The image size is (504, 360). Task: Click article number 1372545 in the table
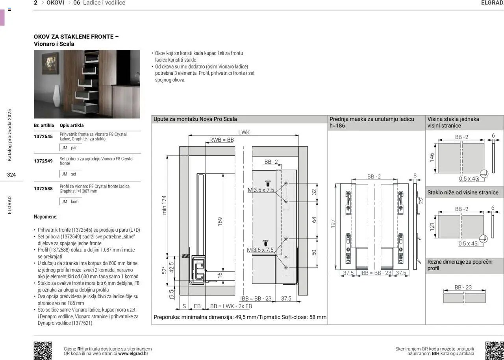point(43,137)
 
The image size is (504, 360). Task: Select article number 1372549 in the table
point(43,161)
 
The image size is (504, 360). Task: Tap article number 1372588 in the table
point(43,188)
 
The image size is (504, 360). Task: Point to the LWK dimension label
point(244,133)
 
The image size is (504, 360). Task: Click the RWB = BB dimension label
point(221,140)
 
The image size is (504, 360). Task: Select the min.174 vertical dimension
point(165,205)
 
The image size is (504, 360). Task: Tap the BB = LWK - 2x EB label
point(231,306)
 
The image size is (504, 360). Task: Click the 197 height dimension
point(333,224)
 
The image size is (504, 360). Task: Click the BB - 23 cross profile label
point(463,288)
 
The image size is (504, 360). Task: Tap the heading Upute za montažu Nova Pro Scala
point(195,119)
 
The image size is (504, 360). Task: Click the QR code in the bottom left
point(43,351)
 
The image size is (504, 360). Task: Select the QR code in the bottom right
point(494,351)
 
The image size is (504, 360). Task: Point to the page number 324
point(11,175)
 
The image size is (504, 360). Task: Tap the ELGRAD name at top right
point(492,3)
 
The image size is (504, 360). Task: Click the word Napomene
point(46,217)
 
